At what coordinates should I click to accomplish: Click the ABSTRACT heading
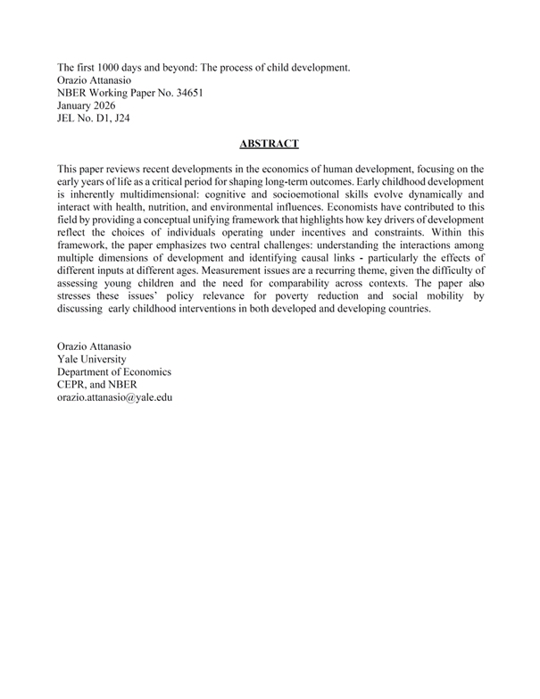pos(269,143)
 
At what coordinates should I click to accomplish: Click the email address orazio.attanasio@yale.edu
pos(114,396)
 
